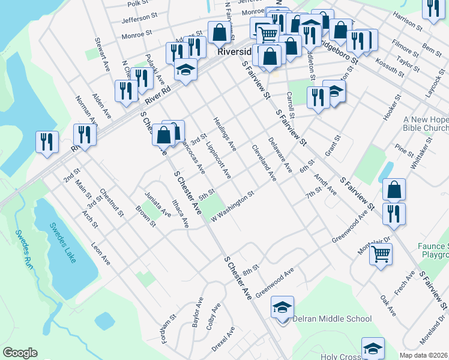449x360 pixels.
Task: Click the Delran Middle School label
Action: (332, 319)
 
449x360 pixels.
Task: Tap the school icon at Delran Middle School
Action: (282, 307)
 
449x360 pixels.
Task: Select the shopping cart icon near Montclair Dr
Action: (381, 254)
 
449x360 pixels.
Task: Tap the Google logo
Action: (20, 353)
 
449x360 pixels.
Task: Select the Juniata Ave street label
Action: (157, 205)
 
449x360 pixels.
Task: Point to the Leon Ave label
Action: (101, 254)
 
